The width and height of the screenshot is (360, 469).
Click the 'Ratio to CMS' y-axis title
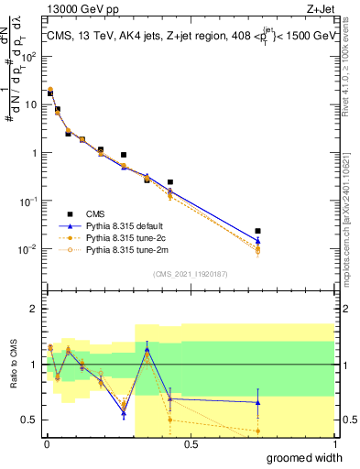point(12,364)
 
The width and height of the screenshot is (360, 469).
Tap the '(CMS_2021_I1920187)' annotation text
point(190,274)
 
